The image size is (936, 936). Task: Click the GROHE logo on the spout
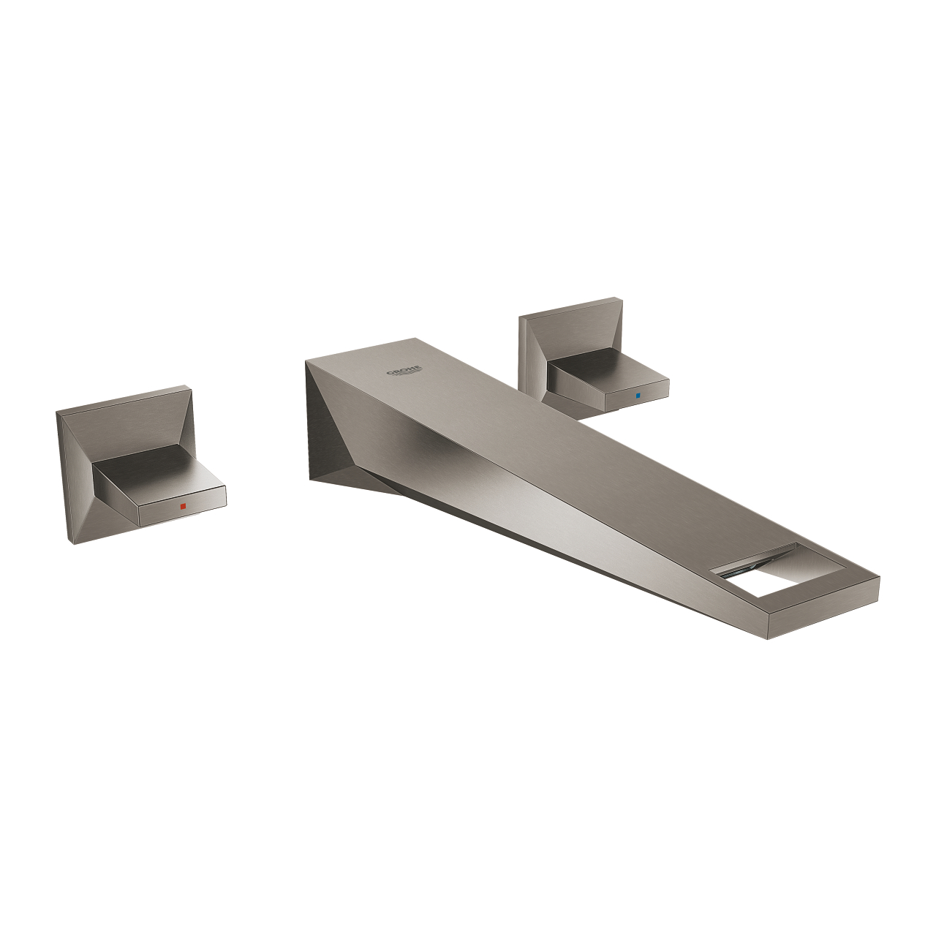(404, 371)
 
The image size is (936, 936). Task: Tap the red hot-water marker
(182, 506)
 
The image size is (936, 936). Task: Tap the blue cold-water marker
(638, 396)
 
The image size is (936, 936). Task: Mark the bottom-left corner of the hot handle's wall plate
(71, 543)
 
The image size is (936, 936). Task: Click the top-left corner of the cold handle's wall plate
(520, 317)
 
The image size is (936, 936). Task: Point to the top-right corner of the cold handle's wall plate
(620, 298)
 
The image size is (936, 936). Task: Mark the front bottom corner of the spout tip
(768, 638)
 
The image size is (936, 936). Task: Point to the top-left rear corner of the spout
(306, 360)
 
